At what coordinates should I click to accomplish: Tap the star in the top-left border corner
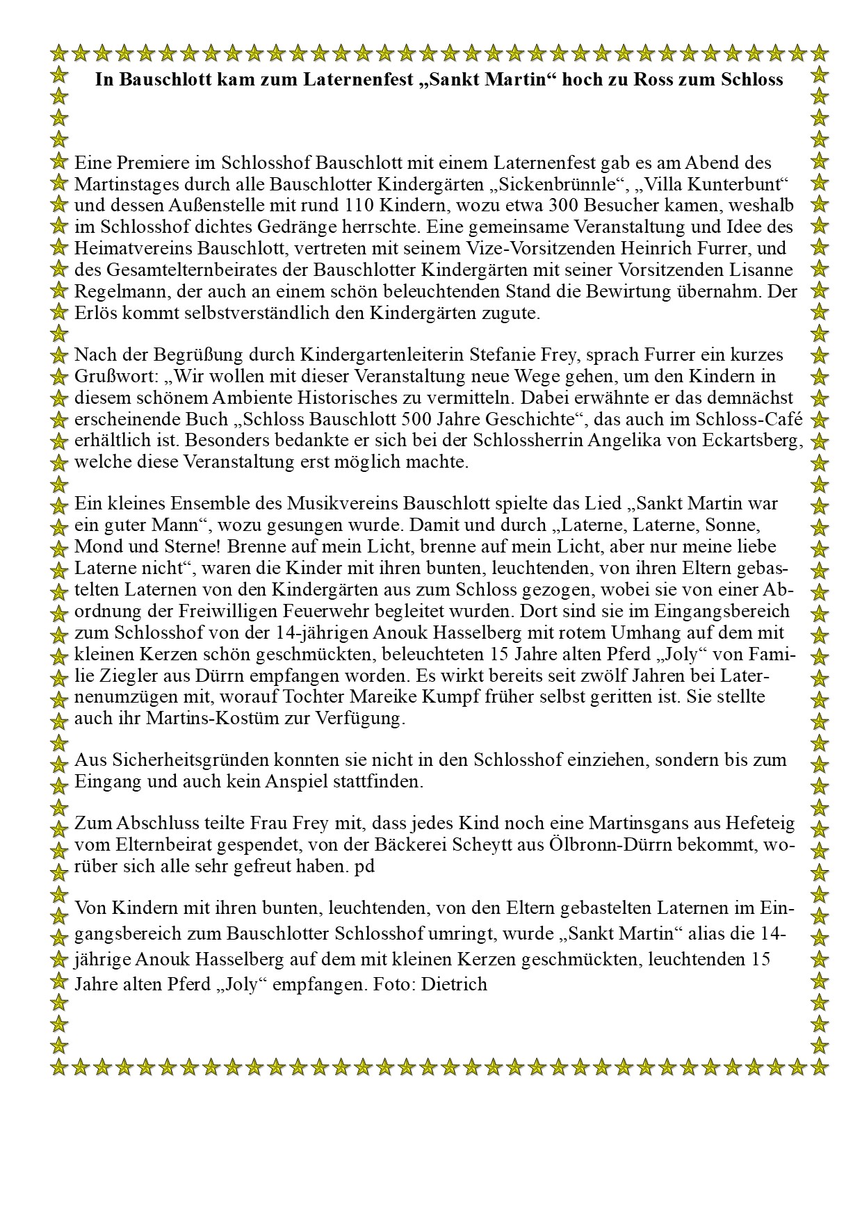[x=60, y=52]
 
